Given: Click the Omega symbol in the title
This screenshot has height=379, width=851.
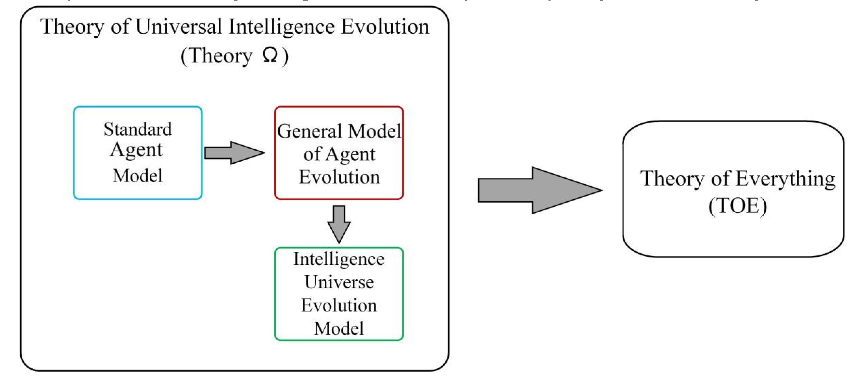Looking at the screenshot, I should pos(270,55).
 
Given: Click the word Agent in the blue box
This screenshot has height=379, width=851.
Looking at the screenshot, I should pos(136,151).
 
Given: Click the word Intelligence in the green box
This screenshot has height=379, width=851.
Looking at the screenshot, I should pos(339,259).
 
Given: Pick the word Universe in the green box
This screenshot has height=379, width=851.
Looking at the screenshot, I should pos(339,282).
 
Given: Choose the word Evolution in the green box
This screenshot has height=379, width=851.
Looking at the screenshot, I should pos(339,305).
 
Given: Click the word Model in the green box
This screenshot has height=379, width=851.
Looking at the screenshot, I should pos(339,329).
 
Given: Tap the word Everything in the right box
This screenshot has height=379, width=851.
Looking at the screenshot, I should pos(785,179).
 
